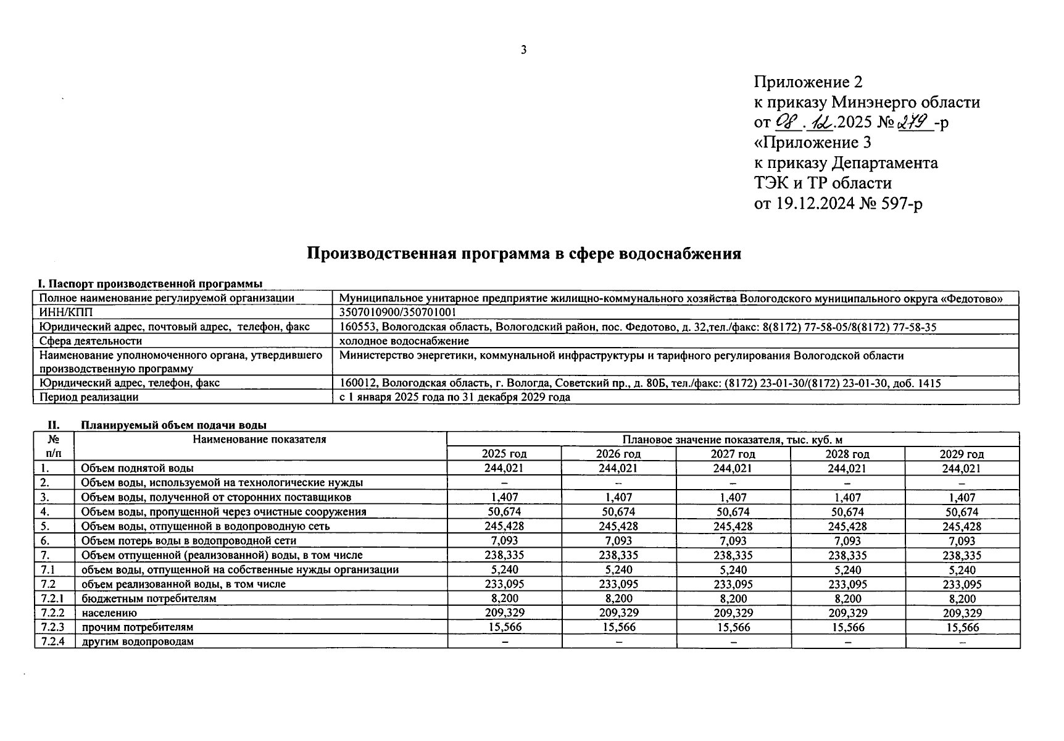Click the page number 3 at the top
(x=523, y=50)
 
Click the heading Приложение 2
(x=808, y=82)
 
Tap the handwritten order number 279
(x=915, y=122)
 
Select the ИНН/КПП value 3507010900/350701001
(x=397, y=312)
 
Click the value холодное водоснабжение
(x=404, y=341)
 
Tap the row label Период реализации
(x=89, y=397)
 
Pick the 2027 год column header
(x=733, y=454)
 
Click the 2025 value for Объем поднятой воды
(x=504, y=468)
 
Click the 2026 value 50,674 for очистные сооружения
(x=618, y=512)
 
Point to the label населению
(x=109, y=613)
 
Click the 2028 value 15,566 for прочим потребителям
(x=848, y=627)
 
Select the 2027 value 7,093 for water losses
(x=733, y=541)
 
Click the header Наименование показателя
(x=259, y=440)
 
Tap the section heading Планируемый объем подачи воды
(x=173, y=425)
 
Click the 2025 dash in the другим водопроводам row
(x=504, y=642)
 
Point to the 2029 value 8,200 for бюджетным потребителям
(x=962, y=598)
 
